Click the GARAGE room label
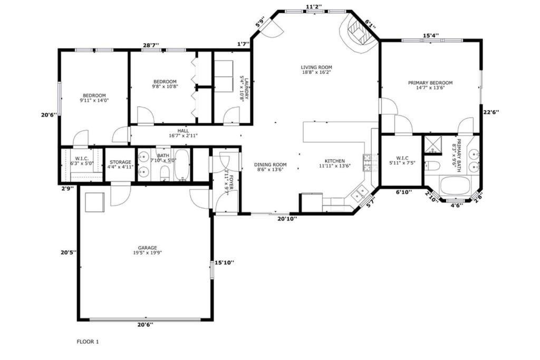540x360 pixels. click(148, 248)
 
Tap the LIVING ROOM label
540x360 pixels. click(316, 67)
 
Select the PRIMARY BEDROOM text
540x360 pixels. click(430, 83)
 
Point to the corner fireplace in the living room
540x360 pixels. click(358, 33)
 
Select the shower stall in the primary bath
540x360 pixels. click(433, 145)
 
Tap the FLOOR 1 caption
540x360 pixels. click(88, 342)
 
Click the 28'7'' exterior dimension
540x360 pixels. click(150, 45)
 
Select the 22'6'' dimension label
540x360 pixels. click(491, 112)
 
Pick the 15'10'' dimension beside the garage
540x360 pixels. click(224, 262)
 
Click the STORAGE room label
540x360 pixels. click(120, 162)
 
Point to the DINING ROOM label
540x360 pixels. click(271, 164)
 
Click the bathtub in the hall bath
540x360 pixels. click(181, 164)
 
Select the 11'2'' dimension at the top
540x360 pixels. click(314, 6)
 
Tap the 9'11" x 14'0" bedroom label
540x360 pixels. click(94, 101)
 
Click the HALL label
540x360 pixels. click(183, 131)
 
